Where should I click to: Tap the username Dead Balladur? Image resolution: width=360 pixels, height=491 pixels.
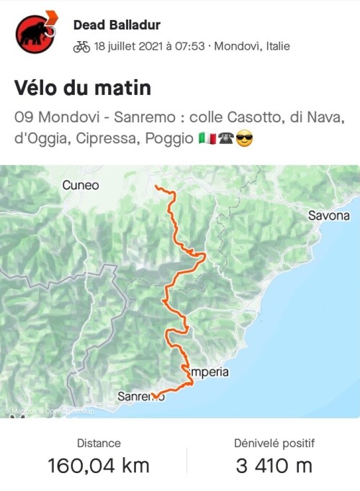[x=118, y=25]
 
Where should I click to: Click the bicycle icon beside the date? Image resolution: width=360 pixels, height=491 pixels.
[x=81, y=47]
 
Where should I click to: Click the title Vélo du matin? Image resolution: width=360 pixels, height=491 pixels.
[x=83, y=89]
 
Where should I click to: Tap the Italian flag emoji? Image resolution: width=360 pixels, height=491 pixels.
[x=206, y=137]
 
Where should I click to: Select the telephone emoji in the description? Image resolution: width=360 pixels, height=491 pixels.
[x=225, y=137]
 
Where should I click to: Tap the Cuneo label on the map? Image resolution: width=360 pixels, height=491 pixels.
[x=81, y=186]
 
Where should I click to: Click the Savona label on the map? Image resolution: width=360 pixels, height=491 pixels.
[x=328, y=215]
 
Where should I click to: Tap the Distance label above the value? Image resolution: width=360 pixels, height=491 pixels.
[x=99, y=443]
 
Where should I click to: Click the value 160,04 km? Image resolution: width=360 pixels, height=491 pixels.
[x=99, y=466]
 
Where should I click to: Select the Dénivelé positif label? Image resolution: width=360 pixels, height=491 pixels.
[x=274, y=443]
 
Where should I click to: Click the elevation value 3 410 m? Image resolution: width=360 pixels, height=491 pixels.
[x=274, y=466]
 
